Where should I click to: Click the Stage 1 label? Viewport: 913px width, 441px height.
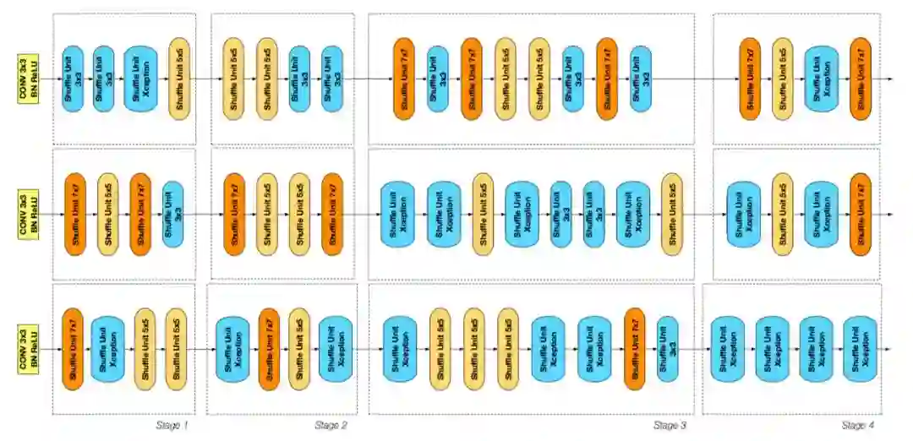pos(172,425)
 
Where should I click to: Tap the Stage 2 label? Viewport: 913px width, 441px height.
pos(331,425)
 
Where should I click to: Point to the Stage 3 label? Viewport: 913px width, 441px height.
pos(670,425)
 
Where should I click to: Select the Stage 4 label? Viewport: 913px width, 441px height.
pos(857,425)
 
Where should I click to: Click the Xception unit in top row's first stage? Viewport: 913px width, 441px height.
pos(140,79)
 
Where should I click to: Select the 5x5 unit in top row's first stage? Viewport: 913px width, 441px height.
pos(179,79)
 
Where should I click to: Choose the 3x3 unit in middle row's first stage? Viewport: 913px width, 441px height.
pos(172,214)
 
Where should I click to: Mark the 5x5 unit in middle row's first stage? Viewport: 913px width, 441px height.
pos(107,214)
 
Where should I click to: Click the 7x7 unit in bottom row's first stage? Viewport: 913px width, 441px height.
pos(74,349)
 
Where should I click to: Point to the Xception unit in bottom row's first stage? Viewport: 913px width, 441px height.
pos(107,349)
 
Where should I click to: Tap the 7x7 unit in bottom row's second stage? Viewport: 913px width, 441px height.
pos(269,349)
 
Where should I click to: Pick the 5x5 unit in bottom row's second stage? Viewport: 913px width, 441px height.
pos(298,349)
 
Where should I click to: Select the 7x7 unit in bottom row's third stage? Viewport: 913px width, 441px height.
pos(634,349)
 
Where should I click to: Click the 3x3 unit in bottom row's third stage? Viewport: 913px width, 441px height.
pos(667,349)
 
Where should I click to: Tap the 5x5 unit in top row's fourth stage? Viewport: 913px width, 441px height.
pos(782,79)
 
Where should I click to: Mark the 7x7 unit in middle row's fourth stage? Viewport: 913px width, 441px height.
pos(861,214)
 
